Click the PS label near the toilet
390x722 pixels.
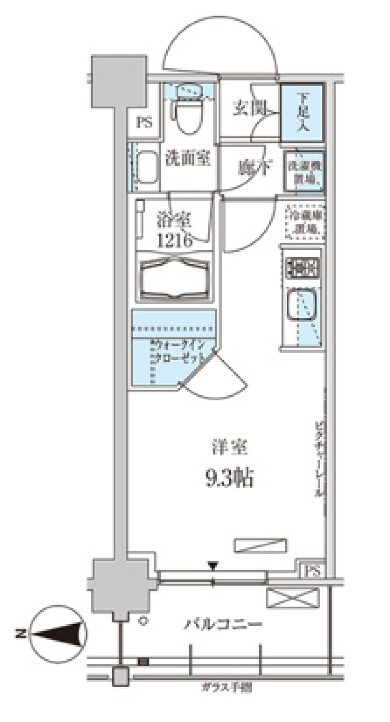pyautogui.click(x=144, y=122)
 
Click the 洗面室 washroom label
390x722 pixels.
pyautogui.click(x=188, y=158)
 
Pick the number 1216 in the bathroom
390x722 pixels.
pyautogui.click(x=175, y=241)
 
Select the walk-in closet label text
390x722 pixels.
pyautogui.click(x=179, y=352)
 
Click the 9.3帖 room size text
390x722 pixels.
pyautogui.click(x=230, y=478)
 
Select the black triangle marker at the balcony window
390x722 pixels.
pyautogui.click(x=213, y=565)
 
